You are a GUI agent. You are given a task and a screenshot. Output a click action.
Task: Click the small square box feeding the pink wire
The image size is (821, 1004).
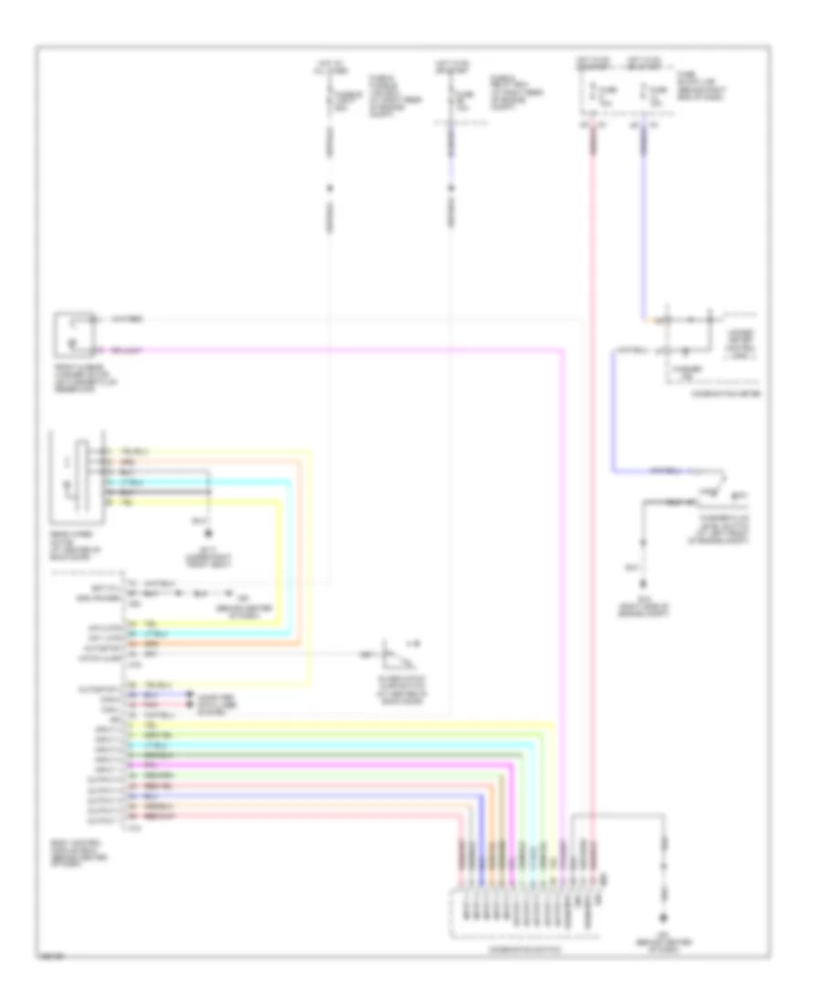75,333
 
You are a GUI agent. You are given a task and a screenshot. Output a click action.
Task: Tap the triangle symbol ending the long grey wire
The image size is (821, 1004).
393,655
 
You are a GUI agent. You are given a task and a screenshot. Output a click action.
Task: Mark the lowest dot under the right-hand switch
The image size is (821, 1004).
645,581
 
